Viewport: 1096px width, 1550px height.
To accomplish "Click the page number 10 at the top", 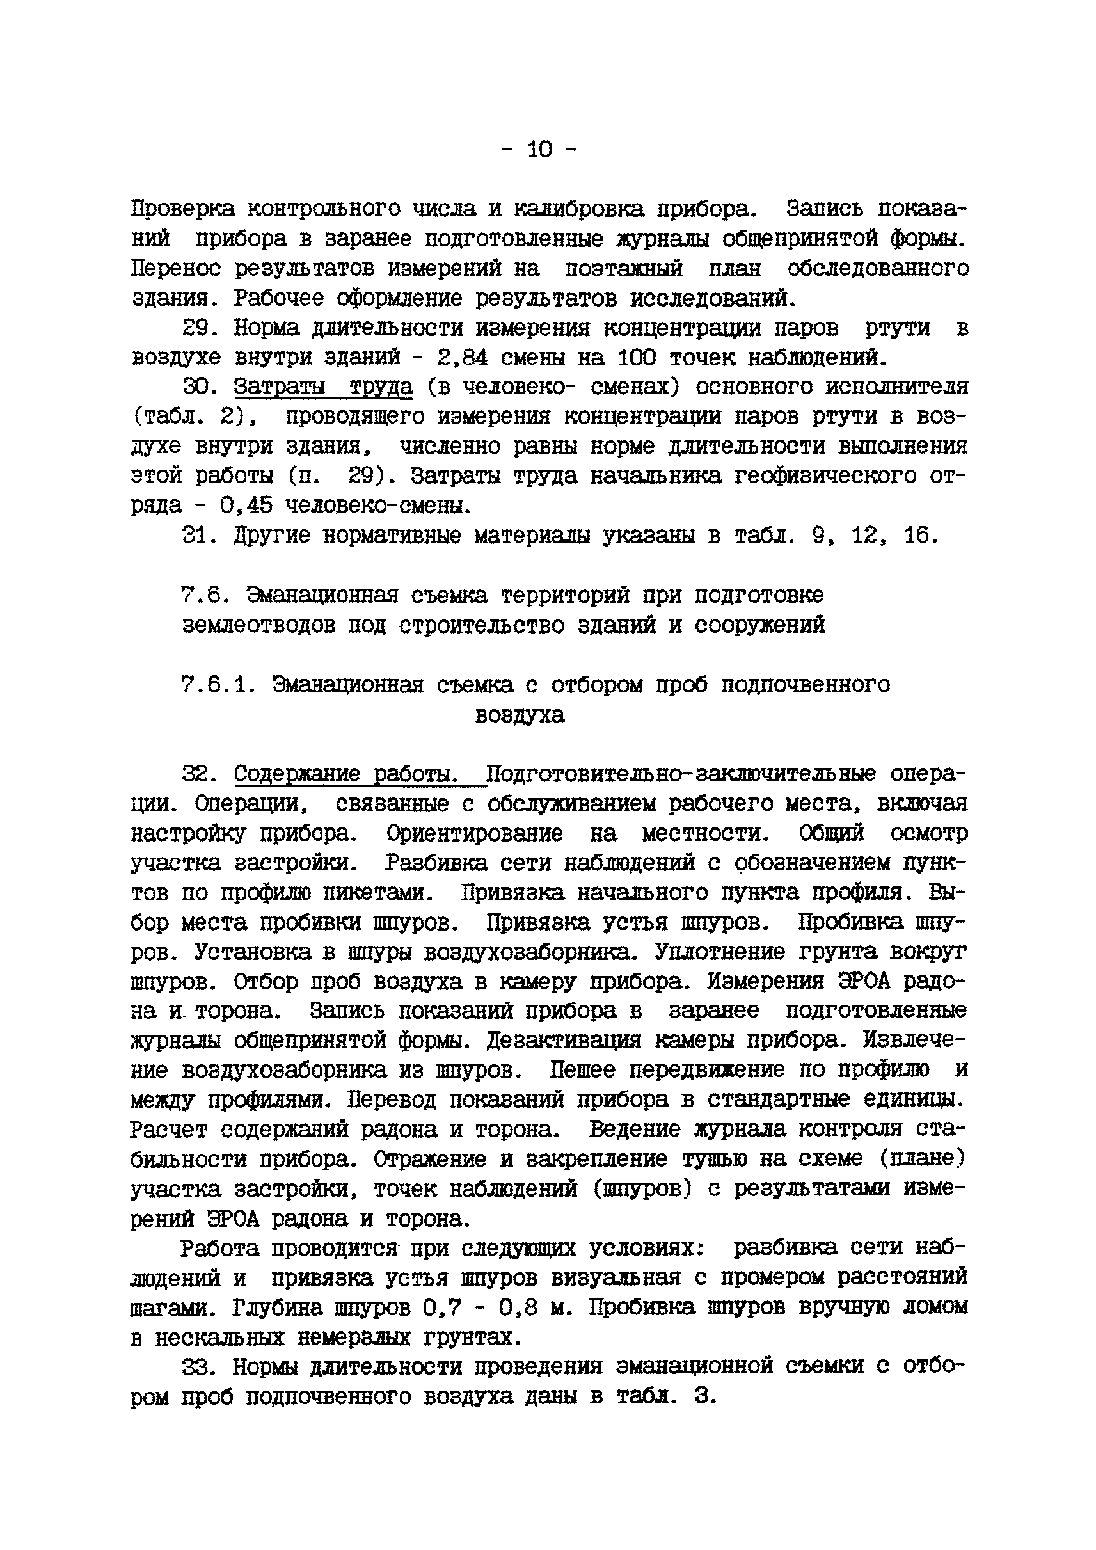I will coord(539,150).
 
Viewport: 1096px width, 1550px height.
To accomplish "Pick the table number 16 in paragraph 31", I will coord(919,536).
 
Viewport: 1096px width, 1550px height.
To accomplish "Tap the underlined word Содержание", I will coord(297,774).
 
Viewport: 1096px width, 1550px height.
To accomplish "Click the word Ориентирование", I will coord(475,833).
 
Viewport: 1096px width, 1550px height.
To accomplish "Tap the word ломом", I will coord(935,1307).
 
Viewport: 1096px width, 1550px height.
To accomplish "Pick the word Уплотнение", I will coord(719,952).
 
